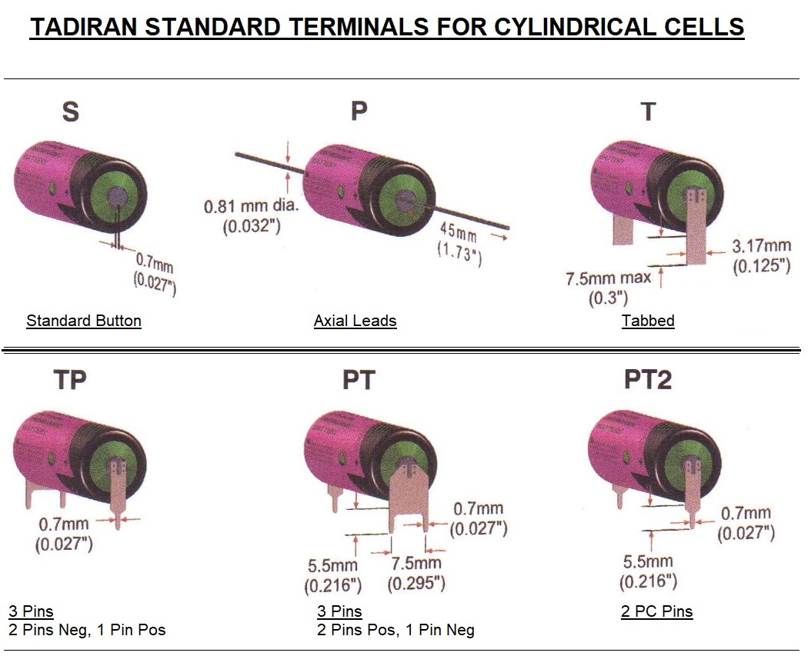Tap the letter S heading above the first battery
point(70,112)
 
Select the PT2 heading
point(648,379)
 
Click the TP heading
point(70,379)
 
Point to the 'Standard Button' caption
point(84,320)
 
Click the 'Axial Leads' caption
point(355,320)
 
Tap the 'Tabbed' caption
point(648,320)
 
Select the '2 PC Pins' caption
point(656,612)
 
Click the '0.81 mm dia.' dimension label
point(252,207)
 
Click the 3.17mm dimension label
point(761,247)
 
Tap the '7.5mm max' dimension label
point(609,278)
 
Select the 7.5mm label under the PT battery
point(416,563)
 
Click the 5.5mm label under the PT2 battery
point(647,562)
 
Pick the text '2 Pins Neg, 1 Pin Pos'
point(87,630)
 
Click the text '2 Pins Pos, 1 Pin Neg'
point(395,630)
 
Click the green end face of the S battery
point(114,193)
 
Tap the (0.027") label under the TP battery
point(64,544)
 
